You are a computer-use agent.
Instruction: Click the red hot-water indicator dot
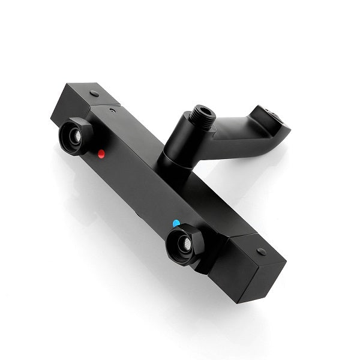point(102,154)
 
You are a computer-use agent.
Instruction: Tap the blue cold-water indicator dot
point(176,224)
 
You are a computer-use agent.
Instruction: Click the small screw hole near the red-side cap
point(112,110)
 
